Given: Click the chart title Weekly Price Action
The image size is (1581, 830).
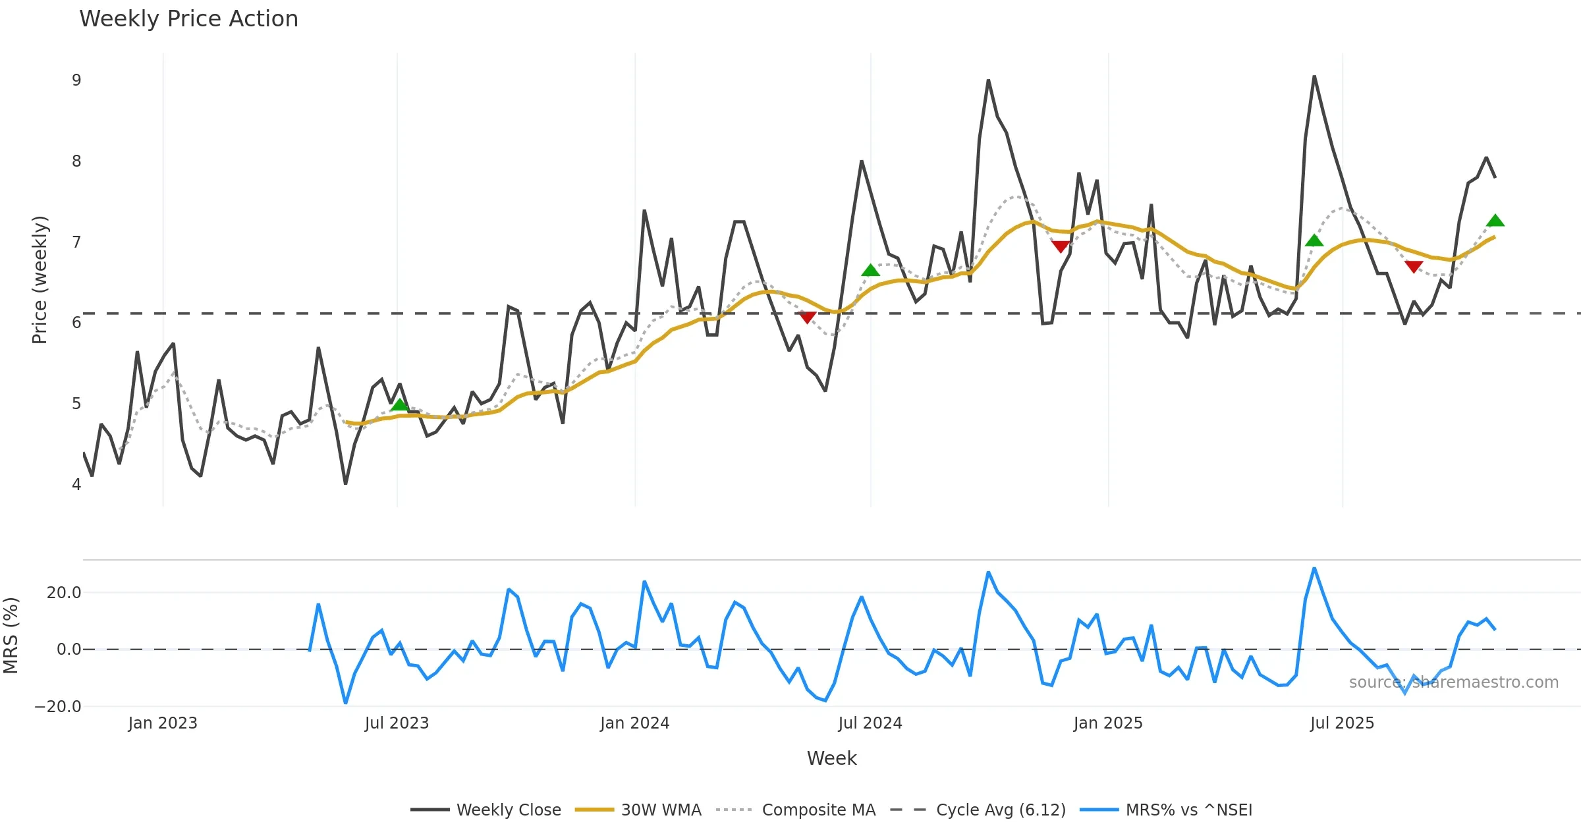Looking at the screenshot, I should [188, 19].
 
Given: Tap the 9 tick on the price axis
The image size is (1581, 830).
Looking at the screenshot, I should [76, 80].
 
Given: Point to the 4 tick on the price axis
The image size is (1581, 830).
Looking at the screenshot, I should [76, 485].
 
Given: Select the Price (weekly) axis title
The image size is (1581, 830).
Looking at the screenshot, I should [40, 279].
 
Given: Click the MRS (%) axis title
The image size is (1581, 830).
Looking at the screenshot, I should [11, 635].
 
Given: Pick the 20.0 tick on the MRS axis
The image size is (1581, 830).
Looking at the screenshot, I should [64, 593].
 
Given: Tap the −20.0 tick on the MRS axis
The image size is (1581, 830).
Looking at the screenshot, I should [58, 707].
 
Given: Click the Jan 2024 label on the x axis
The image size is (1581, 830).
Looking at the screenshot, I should [634, 723].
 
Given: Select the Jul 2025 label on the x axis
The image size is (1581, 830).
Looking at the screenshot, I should [1342, 723].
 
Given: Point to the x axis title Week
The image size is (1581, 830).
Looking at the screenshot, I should [831, 759].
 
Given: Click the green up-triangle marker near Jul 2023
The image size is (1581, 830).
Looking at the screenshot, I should [399, 404].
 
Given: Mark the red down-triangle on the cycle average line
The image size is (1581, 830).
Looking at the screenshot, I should [807, 318].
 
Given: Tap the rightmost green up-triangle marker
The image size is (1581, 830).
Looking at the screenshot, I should [1495, 221].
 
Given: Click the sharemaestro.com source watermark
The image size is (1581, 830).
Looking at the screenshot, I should [1453, 682].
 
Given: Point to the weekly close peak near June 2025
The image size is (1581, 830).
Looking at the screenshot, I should [1314, 77].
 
